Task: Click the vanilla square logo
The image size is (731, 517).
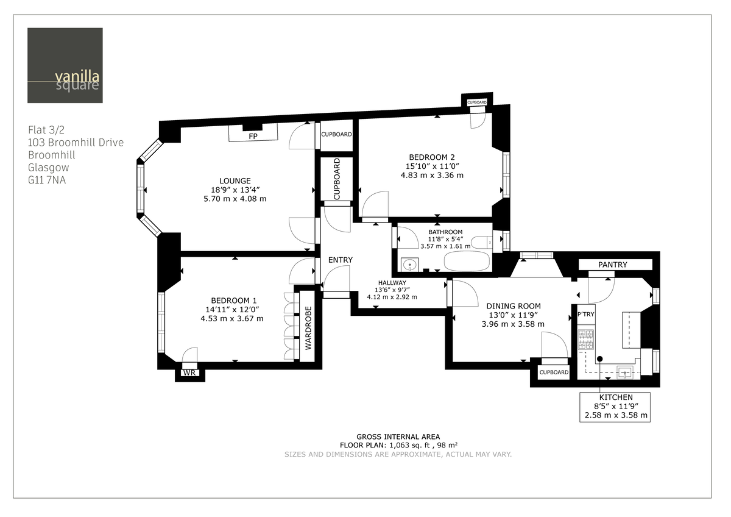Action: pos(65,65)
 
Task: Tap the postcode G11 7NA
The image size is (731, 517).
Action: pos(47,180)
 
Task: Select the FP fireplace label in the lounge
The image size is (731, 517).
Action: pos(252,137)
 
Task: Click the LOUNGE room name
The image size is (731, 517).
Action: pos(235,180)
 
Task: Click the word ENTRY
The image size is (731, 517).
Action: pos(340,260)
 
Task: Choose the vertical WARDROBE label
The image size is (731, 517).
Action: pos(308,327)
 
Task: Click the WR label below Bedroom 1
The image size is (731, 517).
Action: pos(189,373)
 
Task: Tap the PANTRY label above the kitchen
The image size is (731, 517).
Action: pos(612,265)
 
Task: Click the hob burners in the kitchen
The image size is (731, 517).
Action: pos(585,339)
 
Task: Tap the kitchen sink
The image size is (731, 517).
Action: pos(624,370)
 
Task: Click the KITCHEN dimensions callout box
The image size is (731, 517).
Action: pos(615,407)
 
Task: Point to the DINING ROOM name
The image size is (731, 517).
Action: pos(513,306)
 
